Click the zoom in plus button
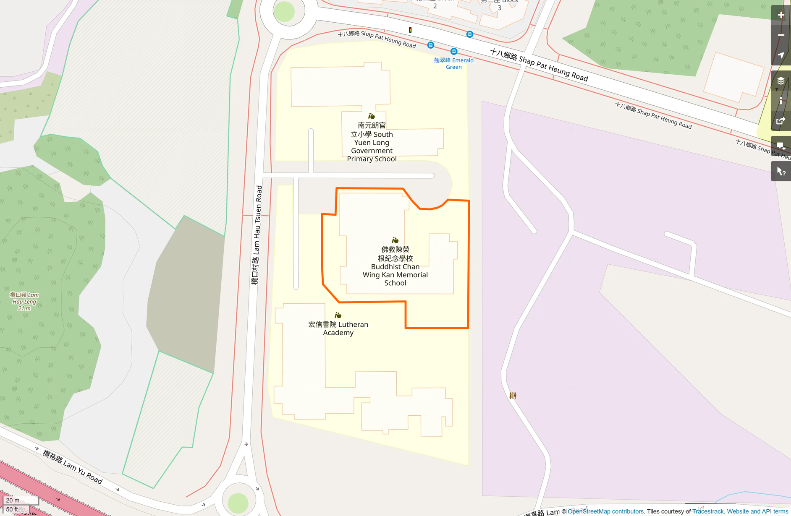click(781, 16)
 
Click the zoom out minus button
click(781, 35)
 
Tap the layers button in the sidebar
click(781, 81)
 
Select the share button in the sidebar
click(781, 121)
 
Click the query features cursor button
click(781, 172)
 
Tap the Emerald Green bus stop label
click(453, 63)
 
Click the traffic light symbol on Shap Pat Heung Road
click(410, 30)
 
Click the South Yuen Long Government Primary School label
click(372, 142)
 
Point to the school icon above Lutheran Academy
click(338, 315)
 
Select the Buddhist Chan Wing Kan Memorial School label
click(395, 266)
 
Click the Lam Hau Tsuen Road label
click(257, 235)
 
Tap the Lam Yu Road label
click(73, 467)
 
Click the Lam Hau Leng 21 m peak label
click(24, 302)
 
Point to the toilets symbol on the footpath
click(513, 395)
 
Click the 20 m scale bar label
click(13, 500)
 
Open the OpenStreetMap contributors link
click(605, 511)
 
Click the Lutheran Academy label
click(338, 328)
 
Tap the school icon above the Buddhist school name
click(395, 240)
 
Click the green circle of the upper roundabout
click(284, 12)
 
